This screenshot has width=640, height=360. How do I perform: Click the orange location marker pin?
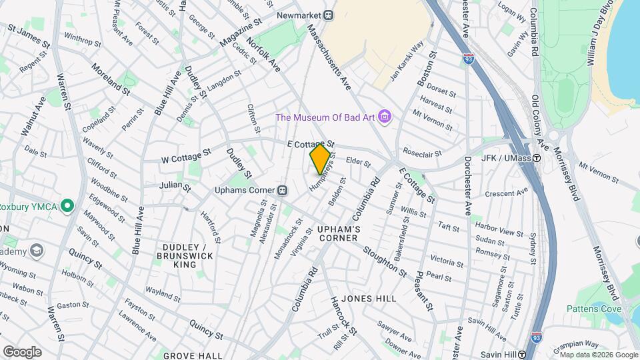(x=320, y=159)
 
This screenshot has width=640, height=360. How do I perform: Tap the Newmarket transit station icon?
(x=328, y=14)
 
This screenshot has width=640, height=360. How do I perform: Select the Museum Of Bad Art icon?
(x=384, y=118)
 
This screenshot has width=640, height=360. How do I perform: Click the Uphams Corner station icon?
(x=283, y=190)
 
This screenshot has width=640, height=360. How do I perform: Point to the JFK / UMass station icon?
(x=536, y=158)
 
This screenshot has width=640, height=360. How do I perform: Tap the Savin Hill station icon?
(x=523, y=355)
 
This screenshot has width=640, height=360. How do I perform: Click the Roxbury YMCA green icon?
(x=67, y=206)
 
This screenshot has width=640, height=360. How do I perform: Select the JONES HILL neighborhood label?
(x=369, y=299)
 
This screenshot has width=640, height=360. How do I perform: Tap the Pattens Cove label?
(x=594, y=308)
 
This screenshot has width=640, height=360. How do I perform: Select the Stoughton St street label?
(x=385, y=261)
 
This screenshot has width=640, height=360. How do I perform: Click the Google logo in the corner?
(x=22, y=351)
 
